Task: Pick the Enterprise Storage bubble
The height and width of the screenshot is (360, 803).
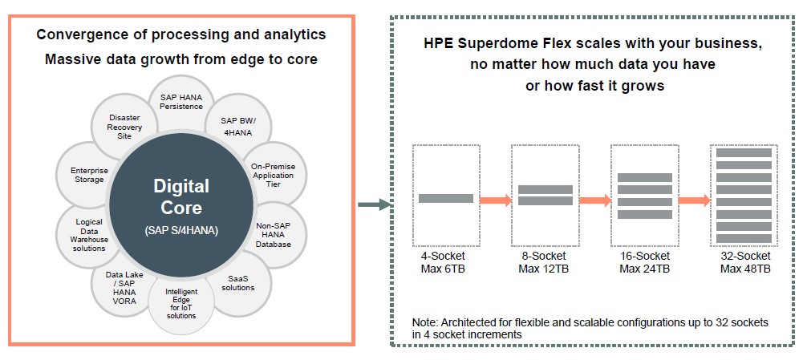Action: pos(87,174)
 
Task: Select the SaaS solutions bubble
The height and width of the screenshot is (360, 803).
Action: pos(240,284)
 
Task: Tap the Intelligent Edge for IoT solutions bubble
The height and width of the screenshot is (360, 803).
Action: pos(180,303)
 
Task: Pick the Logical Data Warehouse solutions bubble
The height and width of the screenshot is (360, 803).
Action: pos(87,236)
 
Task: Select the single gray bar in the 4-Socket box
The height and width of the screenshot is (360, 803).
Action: pos(445,198)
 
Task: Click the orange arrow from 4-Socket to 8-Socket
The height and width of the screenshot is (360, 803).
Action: pos(495,200)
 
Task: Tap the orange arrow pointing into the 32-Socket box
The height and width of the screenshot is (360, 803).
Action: pos(695,200)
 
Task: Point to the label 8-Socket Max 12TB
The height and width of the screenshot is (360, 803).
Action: pos(543,262)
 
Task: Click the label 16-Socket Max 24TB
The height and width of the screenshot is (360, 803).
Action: pos(644,262)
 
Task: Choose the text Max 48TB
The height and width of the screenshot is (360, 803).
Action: pos(745,269)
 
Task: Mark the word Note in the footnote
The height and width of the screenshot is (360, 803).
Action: pos(424,323)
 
